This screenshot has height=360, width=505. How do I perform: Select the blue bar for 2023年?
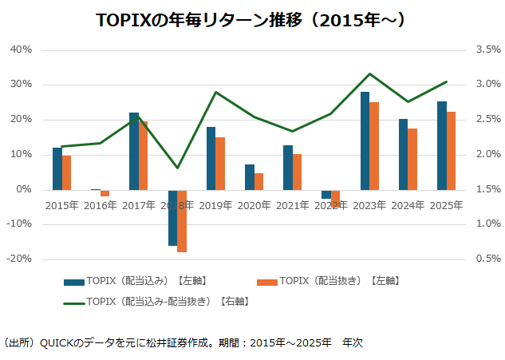(x=365, y=140)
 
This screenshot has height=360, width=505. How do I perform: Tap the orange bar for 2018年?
(x=182, y=221)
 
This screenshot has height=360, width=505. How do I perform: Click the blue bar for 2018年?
(x=172, y=217)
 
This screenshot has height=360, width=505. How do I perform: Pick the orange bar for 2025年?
(x=451, y=150)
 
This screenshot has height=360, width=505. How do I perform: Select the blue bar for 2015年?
(x=57, y=168)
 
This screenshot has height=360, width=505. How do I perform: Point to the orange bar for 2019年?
(x=220, y=163)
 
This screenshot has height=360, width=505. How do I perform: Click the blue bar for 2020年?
(x=250, y=177)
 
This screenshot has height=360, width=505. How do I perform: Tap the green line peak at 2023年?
(x=369, y=74)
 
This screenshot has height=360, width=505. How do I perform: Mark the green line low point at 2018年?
(x=177, y=168)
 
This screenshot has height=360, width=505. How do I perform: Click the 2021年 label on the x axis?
(x=293, y=205)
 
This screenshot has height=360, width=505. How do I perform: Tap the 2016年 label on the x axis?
(x=101, y=205)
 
